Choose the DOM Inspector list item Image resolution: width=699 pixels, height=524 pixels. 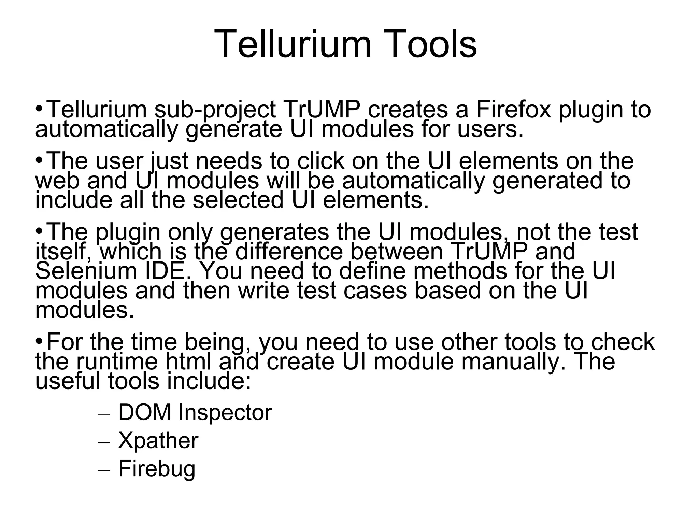(x=195, y=412)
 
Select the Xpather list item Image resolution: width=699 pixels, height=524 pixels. (x=158, y=440)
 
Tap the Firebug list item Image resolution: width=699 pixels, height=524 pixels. (x=157, y=469)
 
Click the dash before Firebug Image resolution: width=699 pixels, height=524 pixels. (x=104, y=470)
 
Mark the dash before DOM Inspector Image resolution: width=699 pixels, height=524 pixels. (x=104, y=414)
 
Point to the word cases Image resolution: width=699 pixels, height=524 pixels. (x=375, y=291)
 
